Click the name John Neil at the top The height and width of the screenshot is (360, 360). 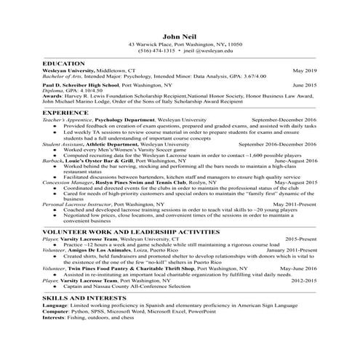(180, 35)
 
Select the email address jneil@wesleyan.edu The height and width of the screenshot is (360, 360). (209, 52)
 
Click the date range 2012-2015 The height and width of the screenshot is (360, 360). (302, 279)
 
